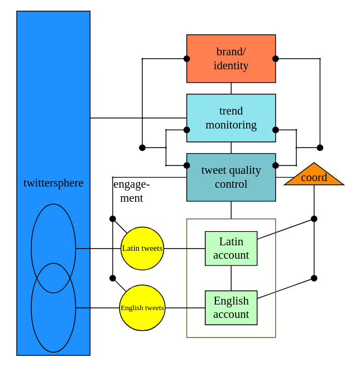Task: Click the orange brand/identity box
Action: coord(231,59)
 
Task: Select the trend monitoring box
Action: coord(231,118)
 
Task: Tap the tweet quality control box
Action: coord(231,177)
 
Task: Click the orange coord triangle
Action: coord(314,177)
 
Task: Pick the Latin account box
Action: coord(231,249)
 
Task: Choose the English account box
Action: coord(231,308)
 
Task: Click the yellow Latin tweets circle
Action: coord(142,249)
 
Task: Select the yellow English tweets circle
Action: coord(142,308)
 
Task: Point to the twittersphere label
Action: coord(54,183)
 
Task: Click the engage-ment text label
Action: coord(131,191)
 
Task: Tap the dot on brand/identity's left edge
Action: coord(187,59)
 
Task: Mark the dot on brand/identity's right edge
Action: coord(276,59)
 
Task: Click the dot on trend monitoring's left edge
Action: coord(187,130)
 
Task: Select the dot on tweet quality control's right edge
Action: coord(276,165)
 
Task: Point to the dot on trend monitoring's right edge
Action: coord(276,130)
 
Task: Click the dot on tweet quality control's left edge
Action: coord(187,165)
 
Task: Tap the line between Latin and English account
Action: coord(231,278)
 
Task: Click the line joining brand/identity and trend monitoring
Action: coord(231,88)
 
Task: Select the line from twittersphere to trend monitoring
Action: coord(138,118)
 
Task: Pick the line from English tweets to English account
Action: coord(185,308)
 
